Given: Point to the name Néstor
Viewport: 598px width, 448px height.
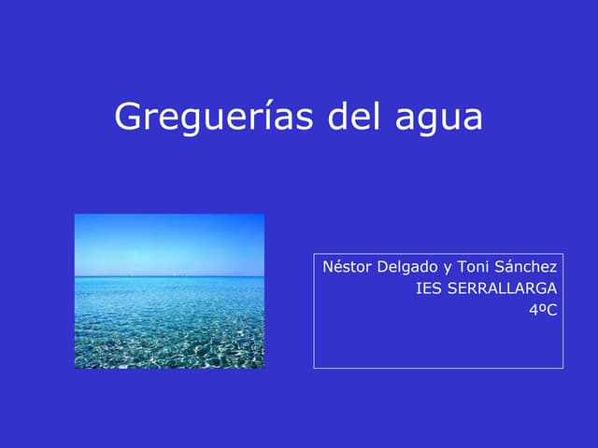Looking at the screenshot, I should (x=346, y=267).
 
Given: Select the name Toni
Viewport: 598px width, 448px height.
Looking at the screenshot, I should (x=473, y=267).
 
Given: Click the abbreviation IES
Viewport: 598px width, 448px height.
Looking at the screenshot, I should (x=429, y=288).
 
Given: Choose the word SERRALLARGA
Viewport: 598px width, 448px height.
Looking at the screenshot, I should (x=503, y=288).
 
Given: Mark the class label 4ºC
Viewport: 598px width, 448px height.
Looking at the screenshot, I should (x=542, y=309).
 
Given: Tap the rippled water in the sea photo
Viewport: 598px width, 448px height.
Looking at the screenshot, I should (x=168, y=327).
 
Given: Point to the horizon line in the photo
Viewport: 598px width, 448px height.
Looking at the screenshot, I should (x=168, y=275).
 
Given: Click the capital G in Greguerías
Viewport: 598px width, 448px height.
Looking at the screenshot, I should (x=128, y=118).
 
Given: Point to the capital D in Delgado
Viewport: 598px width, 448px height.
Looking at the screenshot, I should (x=381, y=267).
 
